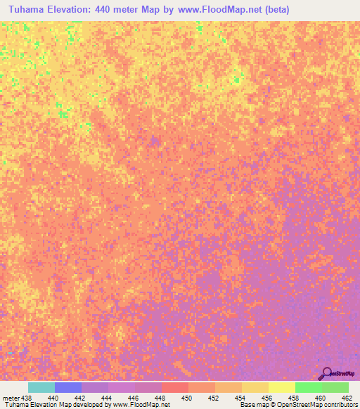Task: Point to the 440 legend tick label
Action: (x=53, y=398)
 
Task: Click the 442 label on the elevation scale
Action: (x=80, y=398)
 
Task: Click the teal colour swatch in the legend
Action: (x=41, y=387)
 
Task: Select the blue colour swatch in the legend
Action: (x=68, y=387)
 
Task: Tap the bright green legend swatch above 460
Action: (x=308, y=387)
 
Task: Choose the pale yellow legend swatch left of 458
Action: (x=281, y=387)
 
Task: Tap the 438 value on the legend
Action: (x=26, y=398)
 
